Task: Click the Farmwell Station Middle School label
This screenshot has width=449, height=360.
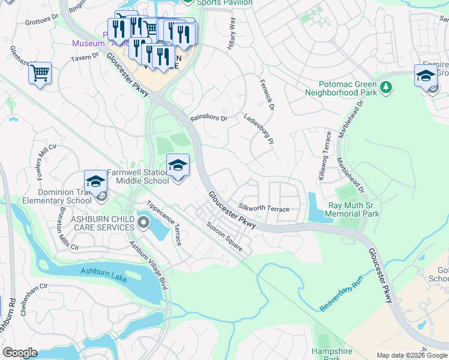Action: tap(138, 176)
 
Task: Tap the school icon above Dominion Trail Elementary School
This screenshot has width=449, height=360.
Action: tap(95, 182)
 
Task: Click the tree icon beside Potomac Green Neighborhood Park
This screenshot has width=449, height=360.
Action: tap(387, 88)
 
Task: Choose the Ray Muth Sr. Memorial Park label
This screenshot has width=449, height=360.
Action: tap(353, 209)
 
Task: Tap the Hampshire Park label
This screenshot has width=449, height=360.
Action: tap(326, 354)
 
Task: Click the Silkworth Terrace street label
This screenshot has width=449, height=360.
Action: tap(264, 207)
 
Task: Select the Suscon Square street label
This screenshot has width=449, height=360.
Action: tap(224, 238)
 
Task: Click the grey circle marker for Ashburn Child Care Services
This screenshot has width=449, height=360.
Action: tap(143, 223)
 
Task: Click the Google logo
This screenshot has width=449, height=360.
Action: tap(20, 352)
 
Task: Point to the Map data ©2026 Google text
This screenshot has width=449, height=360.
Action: tap(411, 355)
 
